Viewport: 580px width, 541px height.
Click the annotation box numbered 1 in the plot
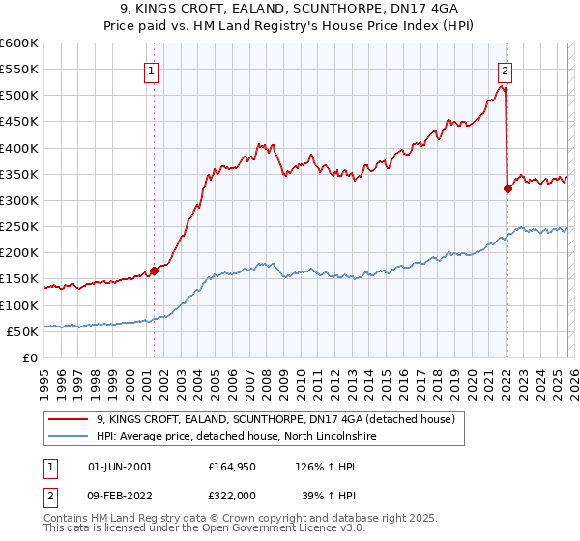(153, 69)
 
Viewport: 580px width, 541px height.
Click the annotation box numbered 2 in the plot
(506, 69)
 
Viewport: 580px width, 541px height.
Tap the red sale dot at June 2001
(154, 271)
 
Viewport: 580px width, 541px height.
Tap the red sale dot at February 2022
(507, 189)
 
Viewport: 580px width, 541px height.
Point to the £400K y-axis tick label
(18, 148)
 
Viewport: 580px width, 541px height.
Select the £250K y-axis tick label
(18, 226)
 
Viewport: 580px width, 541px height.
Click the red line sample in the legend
(70, 419)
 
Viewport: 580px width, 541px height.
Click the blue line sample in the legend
(70, 437)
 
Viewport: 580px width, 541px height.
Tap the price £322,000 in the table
(237, 494)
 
